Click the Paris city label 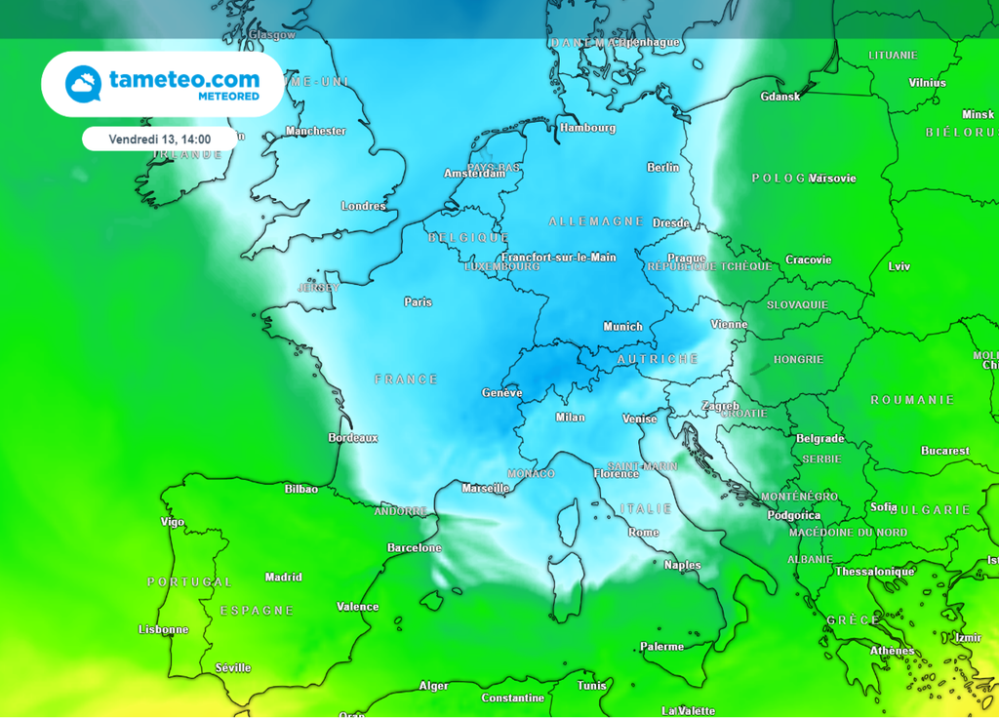click(418, 302)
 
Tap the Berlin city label click(663, 168)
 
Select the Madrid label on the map click(283, 577)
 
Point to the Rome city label click(644, 533)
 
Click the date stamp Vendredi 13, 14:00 click(160, 140)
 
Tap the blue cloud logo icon click(83, 84)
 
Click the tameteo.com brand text click(184, 79)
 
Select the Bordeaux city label click(353, 438)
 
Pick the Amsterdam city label click(475, 174)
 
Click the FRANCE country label click(407, 379)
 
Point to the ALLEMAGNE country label click(596, 221)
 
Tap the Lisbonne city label click(164, 629)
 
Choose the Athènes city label click(892, 651)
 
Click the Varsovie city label click(833, 179)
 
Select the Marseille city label click(485, 488)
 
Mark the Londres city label click(363, 206)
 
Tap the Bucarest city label click(945, 451)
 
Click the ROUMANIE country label click(912, 400)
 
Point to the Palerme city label click(662, 647)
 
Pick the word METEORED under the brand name click(228, 97)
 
